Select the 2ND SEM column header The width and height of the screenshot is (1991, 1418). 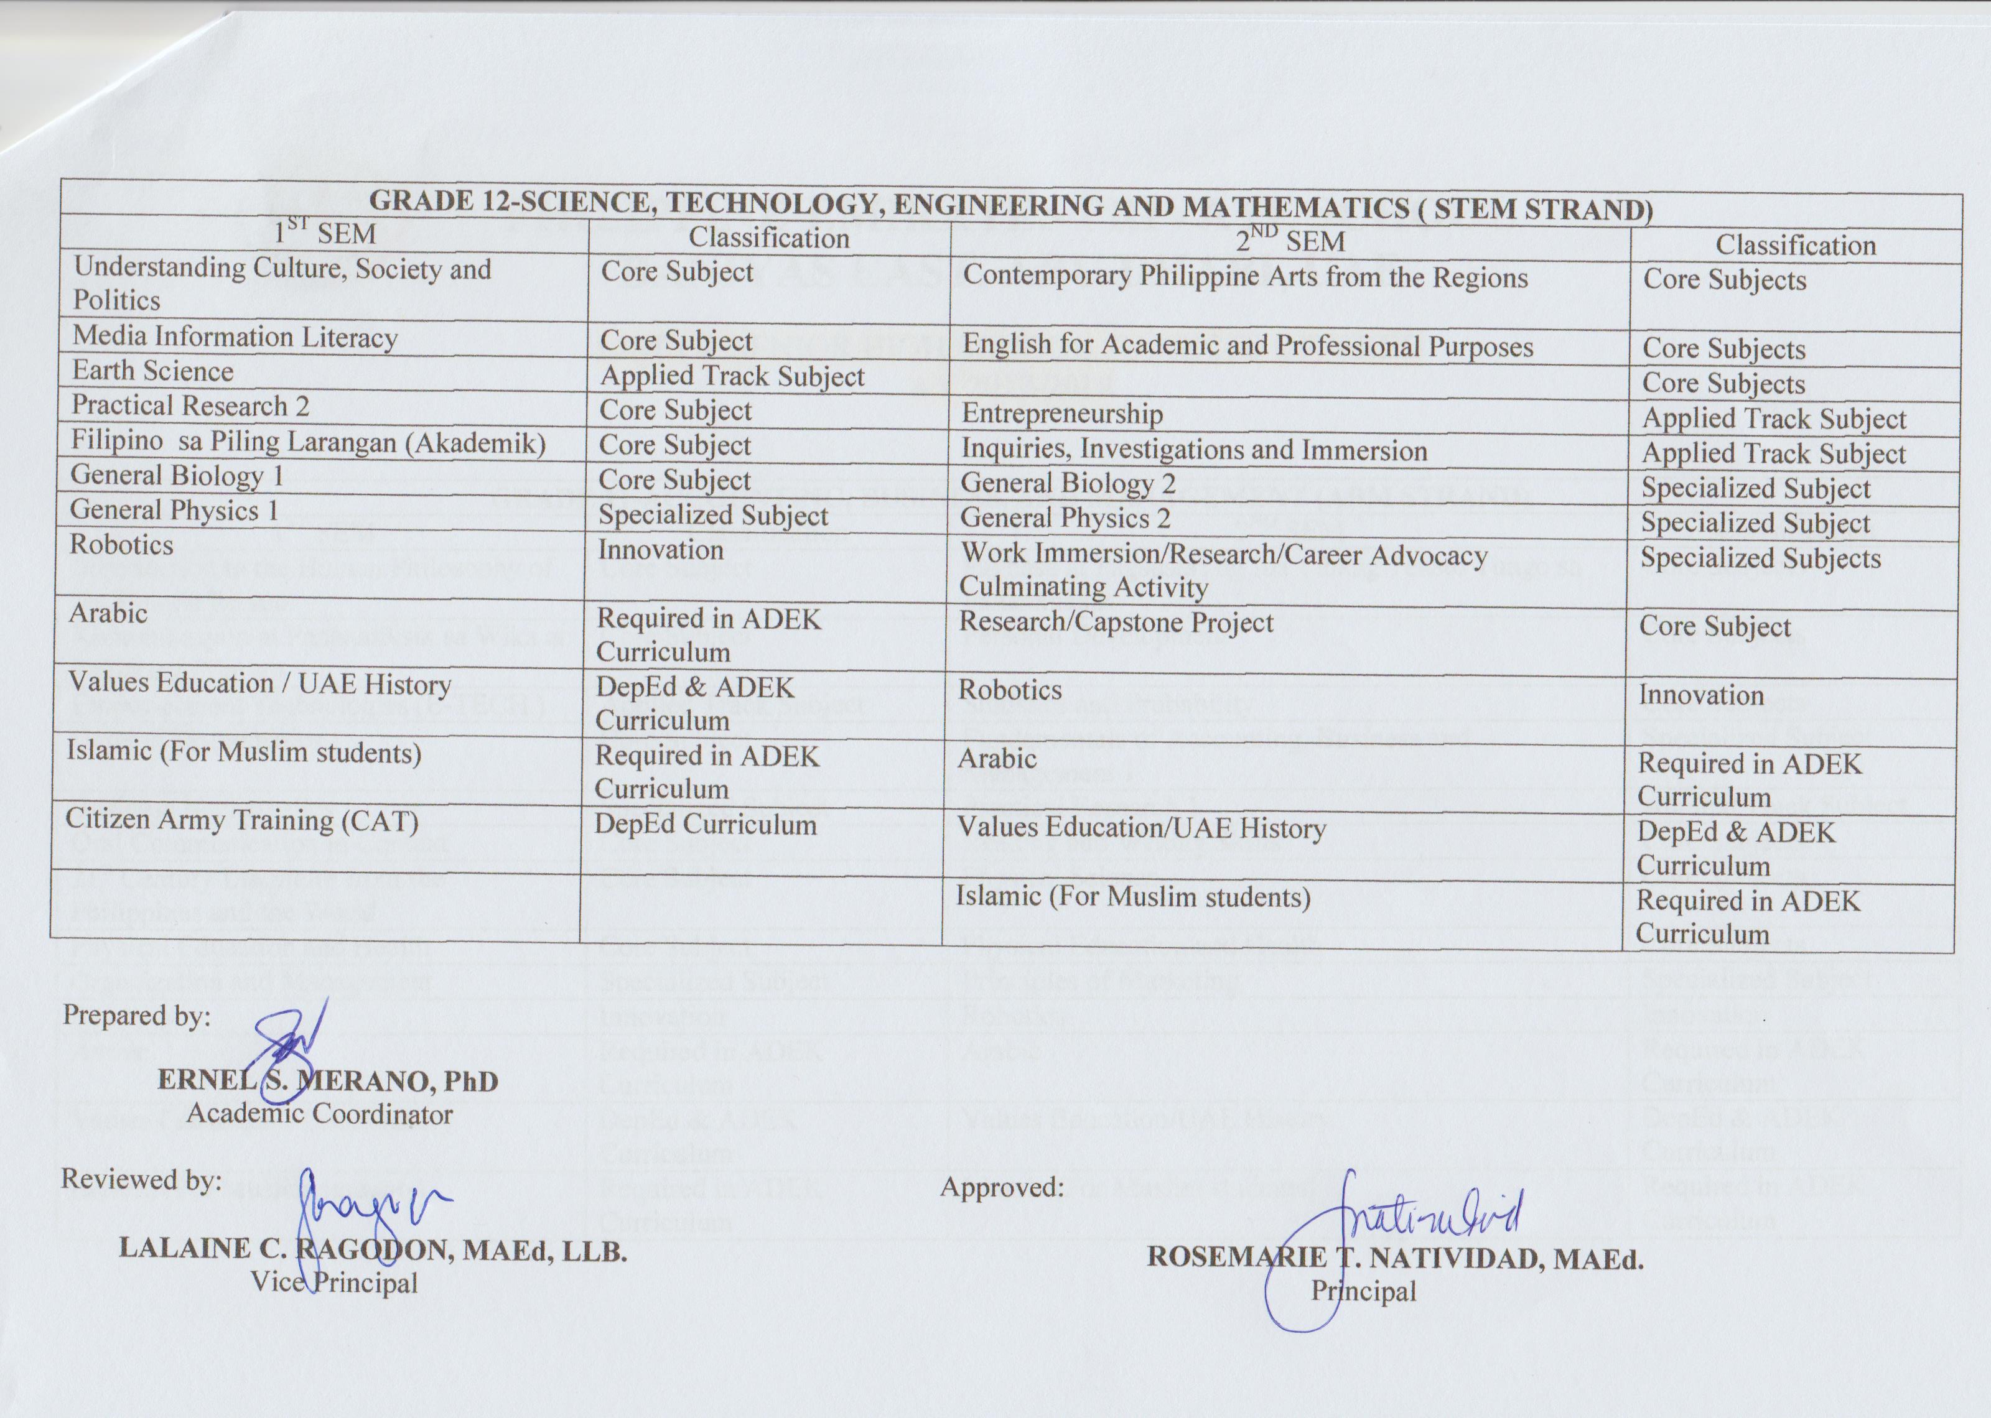[x=1289, y=240]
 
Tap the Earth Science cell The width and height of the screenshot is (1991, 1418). [x=153, y=371]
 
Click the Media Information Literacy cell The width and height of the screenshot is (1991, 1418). [x=235, y=337]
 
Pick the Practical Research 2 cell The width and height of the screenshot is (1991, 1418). [x=190, y=406]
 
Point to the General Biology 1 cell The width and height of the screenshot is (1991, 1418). [x=177, y=476]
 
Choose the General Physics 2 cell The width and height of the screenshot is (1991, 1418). [x=1065, y=519]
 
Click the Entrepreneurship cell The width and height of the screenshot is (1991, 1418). [x=1062, y=414]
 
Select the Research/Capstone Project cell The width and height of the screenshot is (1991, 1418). [x=1117, y=623]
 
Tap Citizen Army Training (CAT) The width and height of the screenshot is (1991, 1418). [x=242, y=821]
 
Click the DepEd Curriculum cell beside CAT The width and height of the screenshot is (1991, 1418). [x=706, y=824]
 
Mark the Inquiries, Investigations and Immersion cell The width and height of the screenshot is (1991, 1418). [x=1194, y=450]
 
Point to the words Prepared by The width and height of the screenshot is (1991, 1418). [x=136, y=1016]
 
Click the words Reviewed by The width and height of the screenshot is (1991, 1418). [x=141, y=1180]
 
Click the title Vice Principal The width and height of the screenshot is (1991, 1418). [x=335, y=1282]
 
